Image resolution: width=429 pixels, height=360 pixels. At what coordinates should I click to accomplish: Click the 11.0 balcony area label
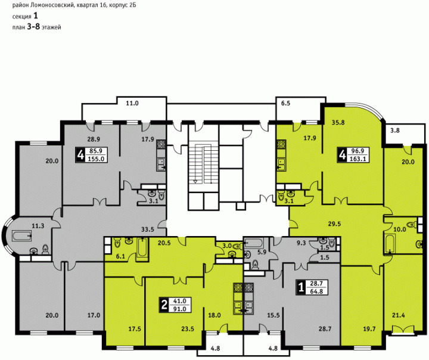pyautogui.click(x=132, y=104)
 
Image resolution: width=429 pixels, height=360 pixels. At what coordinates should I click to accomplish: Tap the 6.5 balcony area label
pyautogui.click(x=285, y=104)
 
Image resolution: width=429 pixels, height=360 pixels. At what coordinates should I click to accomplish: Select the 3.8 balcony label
pyautogui.click(x=395, y=131)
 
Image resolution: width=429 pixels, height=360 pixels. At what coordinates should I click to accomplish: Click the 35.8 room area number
pyautogui.click(x=338, y=123)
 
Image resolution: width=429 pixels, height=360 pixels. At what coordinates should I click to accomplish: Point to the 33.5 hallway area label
pyautogui.click(x=148, y=229)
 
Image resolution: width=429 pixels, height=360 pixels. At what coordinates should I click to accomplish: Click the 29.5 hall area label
pyautogui.click(x=335, y=224)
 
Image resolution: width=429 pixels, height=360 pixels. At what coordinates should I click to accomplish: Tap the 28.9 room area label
pyautogui.click(x=94, y=139)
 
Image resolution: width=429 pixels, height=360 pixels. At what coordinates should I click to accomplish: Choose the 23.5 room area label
pyautogui.click(x=188, y=329)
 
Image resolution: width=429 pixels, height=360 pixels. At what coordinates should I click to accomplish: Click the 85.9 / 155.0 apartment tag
pyautogui.click(x=92, y=155)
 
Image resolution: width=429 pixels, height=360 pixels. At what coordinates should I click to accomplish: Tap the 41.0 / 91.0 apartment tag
pyautogui.click(x=175, y=305)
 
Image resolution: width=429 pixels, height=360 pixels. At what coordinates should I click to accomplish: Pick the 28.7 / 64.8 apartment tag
pyautogui.click(x=312, y=287)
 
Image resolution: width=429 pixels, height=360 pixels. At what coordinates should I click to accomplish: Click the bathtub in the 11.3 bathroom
pyautogui.click(x=21, y=235)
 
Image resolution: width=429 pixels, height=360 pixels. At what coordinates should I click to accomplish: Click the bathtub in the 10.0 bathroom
pyautogui.click(x=389, y=243)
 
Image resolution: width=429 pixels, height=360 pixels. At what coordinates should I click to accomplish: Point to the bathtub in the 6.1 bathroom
pyautogui.click(x=142, y=247)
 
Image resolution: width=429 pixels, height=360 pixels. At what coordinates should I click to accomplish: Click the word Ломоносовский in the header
pyautogui.click(x=50, y=5)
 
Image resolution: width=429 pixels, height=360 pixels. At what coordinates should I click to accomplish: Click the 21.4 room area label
pyautogui.click(x=399, y=315)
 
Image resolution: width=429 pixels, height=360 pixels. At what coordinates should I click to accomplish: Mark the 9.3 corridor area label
pyautogui.click(x=301, y=243)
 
